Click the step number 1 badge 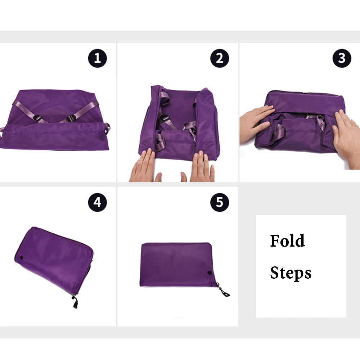tap(97, 58)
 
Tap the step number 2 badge tap(220, 58)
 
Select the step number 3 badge tap(342, 58)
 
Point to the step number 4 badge tap(97, 202)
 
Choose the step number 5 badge tap(220, 202)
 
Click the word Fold tap(287, 241)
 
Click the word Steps tap(291, 273)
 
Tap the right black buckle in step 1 tap(71, 118)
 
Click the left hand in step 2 tap(145, 166)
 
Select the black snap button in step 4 tap(22, 258)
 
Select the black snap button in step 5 tap(210, 273)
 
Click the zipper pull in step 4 tap(75, 302)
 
